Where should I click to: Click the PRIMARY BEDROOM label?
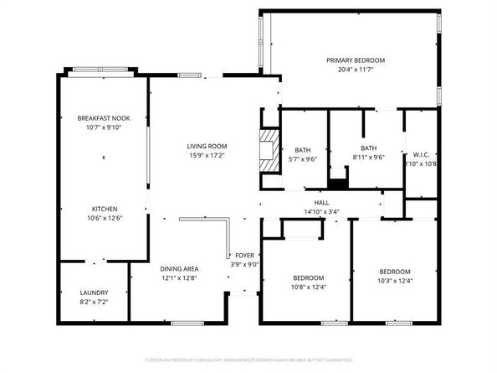(356, 60)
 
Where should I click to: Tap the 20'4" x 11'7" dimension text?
(356, 70)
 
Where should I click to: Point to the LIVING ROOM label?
(207, 146)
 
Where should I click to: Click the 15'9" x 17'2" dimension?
(207, 156)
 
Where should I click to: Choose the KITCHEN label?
(105, 209)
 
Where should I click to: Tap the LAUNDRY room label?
(94, 293)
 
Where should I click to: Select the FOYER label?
(244, 255)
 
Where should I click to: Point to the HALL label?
(321, 202)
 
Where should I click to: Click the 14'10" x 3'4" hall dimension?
(321, 212)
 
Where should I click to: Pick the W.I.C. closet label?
(420, 154)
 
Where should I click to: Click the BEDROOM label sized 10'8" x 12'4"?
(309, 277)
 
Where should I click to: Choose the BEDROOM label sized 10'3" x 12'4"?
(394, 272)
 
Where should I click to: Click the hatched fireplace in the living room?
(267, 150)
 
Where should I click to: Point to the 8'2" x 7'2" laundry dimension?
(94, 303)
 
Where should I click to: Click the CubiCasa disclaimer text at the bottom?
(248, 360)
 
